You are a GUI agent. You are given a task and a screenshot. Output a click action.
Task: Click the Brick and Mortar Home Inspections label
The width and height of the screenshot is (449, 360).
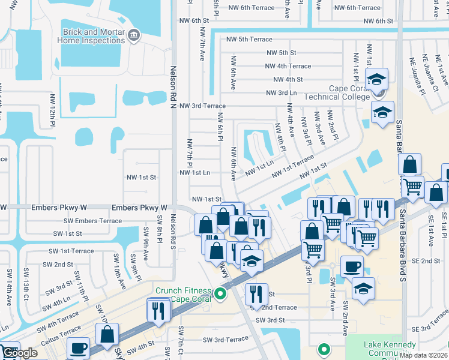pyautogui.click(x=91, y=36)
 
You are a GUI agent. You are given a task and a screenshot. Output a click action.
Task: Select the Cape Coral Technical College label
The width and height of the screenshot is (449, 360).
pyautogui.click(x=338, y=92)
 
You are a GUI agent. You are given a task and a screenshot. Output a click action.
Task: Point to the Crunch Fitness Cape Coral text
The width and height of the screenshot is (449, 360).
pyautogui.click(x=186, y=295)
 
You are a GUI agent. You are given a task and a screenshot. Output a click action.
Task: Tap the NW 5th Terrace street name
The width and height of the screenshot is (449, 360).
pyautogui.click(x=249, y=40)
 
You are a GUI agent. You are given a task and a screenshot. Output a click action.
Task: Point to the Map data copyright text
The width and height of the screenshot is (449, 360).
pyautogui.click(x=424, y=355)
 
